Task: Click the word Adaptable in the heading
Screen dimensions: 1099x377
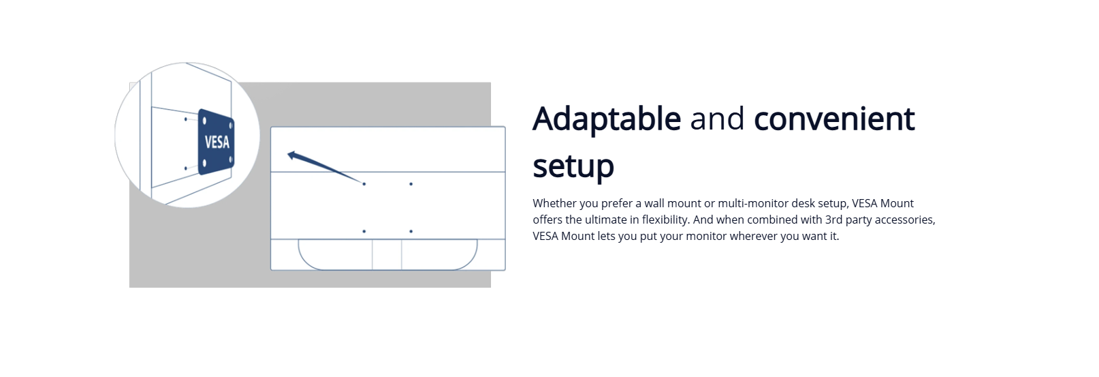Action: [x=607, y=119]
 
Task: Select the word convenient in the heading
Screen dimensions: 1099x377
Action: [x=834, y=119]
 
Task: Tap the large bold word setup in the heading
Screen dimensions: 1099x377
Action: [x=573, y=167]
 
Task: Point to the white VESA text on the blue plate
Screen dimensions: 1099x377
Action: [x=217, y=142]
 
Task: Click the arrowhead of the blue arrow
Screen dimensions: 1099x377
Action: [x=292, y=155]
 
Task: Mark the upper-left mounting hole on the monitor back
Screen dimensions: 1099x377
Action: [x=364, y=184]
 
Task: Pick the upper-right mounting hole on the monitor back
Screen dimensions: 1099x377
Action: [x=411, y=184]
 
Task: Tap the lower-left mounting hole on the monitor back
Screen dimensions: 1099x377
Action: [x=364, y=231]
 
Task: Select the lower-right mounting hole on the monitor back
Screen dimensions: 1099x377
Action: [x=411, y=231]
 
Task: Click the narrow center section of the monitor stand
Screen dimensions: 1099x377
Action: [x=387, y=254]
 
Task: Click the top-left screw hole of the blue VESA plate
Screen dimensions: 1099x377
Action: [x=204, y=121]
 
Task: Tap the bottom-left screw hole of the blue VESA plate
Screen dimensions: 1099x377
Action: [x=204, y=163]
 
